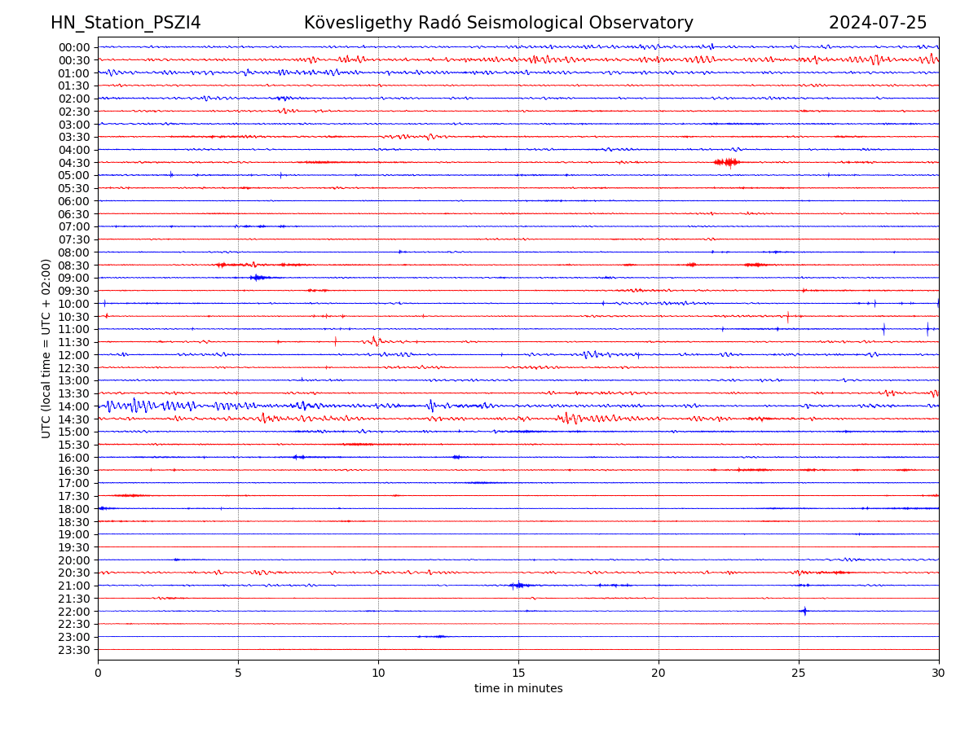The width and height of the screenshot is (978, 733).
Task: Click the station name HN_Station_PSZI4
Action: coord(126,24)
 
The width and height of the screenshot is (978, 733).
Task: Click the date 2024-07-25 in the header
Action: coord(878,24)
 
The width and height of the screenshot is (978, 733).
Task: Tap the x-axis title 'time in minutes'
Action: coord(518,689)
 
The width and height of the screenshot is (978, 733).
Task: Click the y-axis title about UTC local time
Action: coord(46,348)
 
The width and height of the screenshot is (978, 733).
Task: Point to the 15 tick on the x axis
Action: coord(518,674)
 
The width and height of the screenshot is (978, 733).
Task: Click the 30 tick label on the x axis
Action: coord(939,674)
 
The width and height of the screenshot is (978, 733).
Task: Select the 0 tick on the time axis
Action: coord(98,674)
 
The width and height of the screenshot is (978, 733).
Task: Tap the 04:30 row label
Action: coord(74,163)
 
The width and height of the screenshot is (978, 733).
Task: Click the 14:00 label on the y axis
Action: coord(74,406)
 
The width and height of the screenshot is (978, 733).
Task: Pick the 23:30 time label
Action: coord(74,650)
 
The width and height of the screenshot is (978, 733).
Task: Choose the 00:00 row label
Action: coord(74,47)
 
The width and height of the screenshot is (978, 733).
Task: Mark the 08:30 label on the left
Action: coord(74,266)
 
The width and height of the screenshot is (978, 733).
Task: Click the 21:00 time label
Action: coord(74,586)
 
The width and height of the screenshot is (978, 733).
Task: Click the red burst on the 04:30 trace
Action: coord(726,162)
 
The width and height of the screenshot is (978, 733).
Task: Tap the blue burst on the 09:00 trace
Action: coord(258,278)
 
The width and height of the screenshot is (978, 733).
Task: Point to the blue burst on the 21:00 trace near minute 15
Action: coord(518,585)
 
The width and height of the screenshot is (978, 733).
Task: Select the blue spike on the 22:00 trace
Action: coord(804,611)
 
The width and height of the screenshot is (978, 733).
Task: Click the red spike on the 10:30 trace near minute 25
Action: coord(787,316)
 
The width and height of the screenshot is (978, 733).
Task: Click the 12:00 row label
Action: coord(74,355)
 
